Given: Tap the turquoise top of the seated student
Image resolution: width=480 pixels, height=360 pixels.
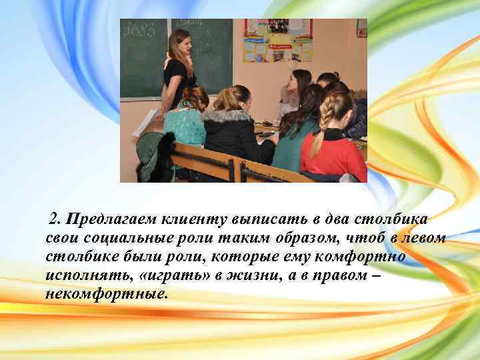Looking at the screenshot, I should pyautogui.click(x=183, y=127).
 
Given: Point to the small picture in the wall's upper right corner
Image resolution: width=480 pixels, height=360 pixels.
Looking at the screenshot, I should pyautogui.click(x=361, y=28).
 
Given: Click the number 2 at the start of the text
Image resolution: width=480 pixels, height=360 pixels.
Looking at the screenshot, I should pyautogui.click(x=54, y=219).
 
